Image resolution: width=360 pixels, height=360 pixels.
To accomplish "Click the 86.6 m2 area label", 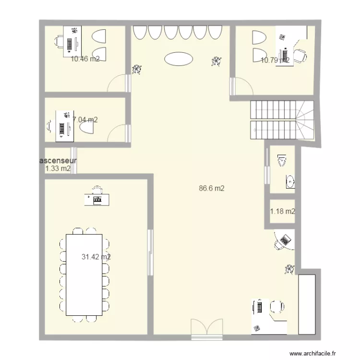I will point(212,189).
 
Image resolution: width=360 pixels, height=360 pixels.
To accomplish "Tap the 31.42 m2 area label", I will point(96,257).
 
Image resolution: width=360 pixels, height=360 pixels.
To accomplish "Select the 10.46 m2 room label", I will point(85,60).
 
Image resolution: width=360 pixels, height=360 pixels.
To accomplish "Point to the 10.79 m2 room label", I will point(275,60).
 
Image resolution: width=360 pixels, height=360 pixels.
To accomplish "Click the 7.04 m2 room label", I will point(85,120).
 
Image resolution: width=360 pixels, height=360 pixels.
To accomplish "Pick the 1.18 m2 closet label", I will point(282,211).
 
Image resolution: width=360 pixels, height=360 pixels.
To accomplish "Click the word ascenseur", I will point(58,161).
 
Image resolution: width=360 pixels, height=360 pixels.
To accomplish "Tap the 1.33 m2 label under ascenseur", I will point(58,168).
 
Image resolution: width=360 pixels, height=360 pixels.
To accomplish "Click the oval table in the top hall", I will point(178,59).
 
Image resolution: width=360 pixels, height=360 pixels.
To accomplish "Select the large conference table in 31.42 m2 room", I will point(84,275).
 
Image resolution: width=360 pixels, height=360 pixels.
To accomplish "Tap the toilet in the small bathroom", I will point(282,158).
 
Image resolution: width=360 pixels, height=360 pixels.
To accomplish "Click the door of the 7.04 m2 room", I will point(120,133).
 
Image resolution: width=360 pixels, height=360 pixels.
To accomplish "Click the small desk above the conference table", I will point(97,199).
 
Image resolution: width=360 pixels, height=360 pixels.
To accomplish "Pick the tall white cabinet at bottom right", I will point(307,304).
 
